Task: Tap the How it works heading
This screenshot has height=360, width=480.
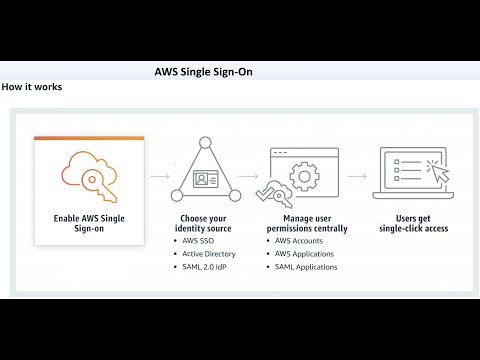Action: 32,87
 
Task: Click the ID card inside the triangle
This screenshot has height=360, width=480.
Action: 208,181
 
